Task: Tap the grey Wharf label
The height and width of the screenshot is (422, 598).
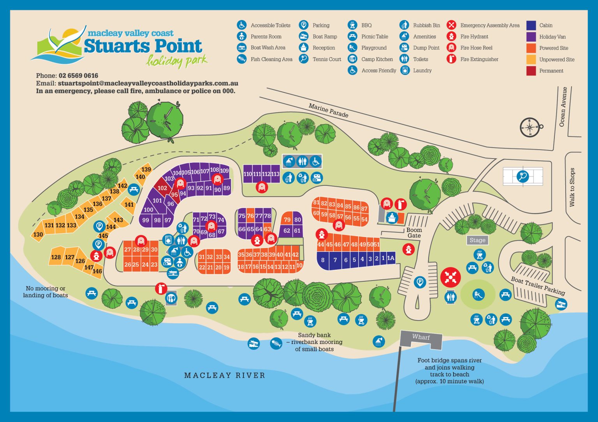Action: coord(421,337)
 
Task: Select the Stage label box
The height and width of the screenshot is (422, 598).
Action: coord(477,240)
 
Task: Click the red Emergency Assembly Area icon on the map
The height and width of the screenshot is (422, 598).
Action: coord(450,277)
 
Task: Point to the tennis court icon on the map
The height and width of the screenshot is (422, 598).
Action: coord(522,177)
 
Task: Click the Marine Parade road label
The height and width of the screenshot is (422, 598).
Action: coord(328,111)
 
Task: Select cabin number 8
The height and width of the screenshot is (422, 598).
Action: coord(323,260)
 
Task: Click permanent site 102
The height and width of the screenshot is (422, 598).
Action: coord(162,188)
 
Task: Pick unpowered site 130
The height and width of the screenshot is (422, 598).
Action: coord(38,235)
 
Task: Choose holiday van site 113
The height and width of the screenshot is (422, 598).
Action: coord(275,174)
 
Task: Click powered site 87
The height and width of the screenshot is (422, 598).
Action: coord(364,209)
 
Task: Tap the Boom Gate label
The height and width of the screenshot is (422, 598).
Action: coord(414,233)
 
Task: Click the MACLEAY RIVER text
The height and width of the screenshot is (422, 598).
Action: coord(225,375)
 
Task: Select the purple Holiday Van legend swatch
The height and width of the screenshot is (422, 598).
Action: coord(531,37)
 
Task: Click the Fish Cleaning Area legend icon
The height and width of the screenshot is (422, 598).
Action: coord(242,59)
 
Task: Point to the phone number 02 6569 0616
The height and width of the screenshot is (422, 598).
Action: coord(78,76)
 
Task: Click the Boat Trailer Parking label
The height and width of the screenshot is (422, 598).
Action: coord(538,286)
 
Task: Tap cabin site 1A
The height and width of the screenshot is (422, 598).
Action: coord(390,258)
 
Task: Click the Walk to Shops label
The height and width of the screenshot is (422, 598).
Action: coord(572,187)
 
